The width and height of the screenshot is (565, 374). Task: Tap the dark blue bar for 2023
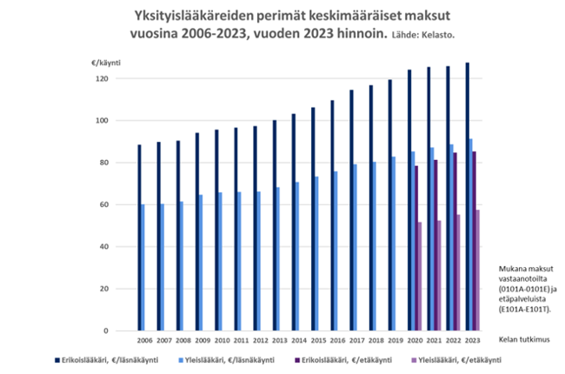pyautogui.click(x=467, y=197)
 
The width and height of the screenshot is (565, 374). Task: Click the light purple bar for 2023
pyautogui.click(x=477, y=270)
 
